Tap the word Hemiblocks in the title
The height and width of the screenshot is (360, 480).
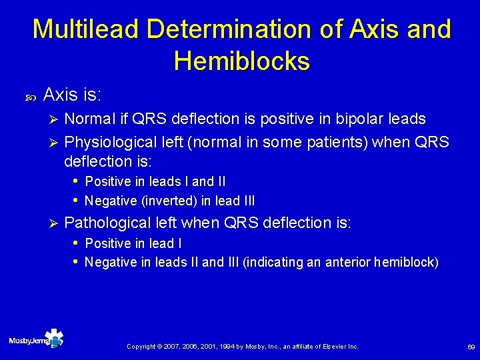(241, 62)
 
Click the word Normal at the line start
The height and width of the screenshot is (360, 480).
(90, 119)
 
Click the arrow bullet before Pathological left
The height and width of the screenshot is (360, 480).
(55, 223)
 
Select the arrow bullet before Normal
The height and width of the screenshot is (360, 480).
(55, 120)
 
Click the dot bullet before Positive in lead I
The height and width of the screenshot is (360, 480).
(77, 242)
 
